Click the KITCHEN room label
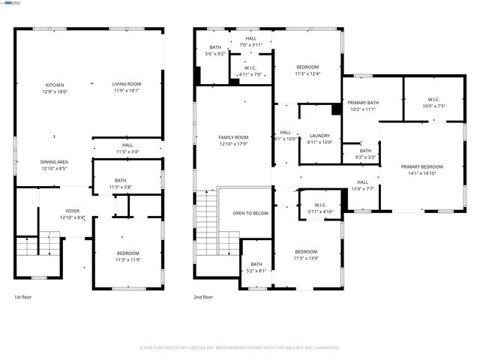55,85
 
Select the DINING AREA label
55,162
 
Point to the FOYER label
73,211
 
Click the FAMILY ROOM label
233,137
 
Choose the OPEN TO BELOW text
250,213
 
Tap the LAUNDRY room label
320,136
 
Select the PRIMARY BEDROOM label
421,166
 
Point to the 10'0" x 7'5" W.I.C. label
433,106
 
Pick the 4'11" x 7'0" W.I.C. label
250,74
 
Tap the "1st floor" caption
22,297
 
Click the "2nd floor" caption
203,297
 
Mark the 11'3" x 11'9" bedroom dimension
127,259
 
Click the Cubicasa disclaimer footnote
240,348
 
